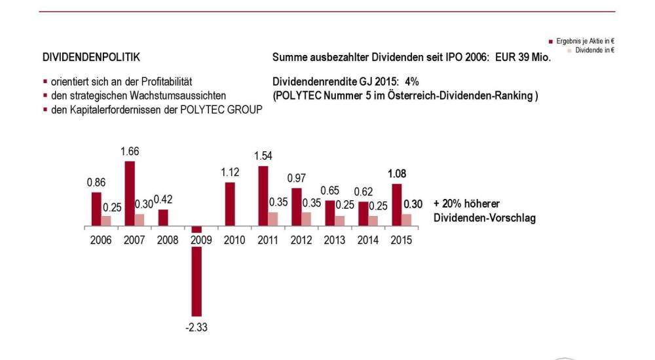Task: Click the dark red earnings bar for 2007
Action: coord(130,193)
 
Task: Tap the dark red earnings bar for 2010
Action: coord(230,204)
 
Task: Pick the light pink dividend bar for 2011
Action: coord(273,219)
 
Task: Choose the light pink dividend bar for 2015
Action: coord(407,219)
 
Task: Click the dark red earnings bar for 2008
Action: coord(163,217)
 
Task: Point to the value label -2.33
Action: coord(196,327)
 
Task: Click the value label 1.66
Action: coord(130,151)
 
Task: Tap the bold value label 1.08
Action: coord(397,174)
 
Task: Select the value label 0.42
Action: coord(164,200)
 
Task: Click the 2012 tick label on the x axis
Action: coord(301,240)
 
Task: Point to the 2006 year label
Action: coord(102,240)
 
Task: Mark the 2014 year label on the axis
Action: coord(367,240)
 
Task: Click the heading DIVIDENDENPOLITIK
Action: coord(91,58)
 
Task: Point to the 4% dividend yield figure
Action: coord(411,82)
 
